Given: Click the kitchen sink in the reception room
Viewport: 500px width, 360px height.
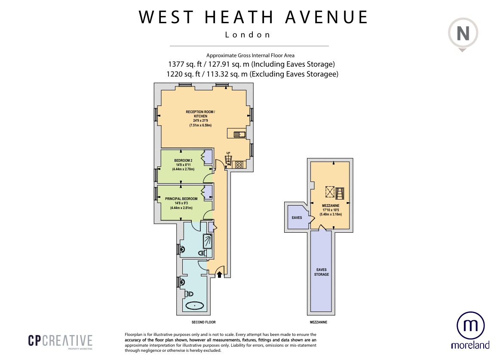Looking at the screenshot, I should click(239, 135).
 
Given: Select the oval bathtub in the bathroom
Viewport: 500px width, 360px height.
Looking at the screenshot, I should click(194, 305).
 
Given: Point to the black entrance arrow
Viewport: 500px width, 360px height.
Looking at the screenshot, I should click(219, 274).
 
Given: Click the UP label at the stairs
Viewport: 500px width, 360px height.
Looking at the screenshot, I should click(228, 153).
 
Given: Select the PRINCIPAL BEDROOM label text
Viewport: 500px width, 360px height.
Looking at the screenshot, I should click(181, 199).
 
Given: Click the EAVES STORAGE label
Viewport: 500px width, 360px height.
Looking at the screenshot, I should click(322, 272).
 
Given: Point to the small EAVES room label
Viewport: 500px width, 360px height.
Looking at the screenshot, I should click(297, 218).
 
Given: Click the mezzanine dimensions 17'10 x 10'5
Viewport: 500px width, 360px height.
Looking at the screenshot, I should click(331, 210).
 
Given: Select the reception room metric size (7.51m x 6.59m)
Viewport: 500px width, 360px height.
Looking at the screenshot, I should click(200, 125).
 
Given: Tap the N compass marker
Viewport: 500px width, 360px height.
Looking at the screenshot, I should click(462, 33).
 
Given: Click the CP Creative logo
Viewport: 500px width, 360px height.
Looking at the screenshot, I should click(60, 341).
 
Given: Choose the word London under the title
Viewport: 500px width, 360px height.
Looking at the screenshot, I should click(248, 35).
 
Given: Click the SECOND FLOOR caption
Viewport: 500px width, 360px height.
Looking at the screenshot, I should click(203, 322).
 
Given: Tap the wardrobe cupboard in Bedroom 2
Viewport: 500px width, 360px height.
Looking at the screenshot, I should click(207, 157).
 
